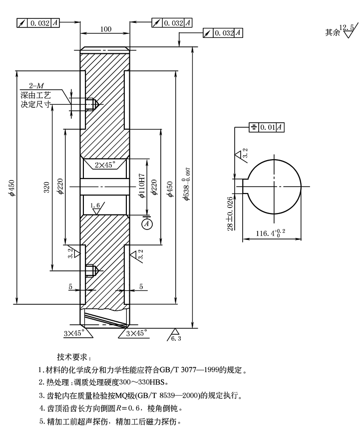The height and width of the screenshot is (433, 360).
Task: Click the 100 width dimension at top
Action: (105, 29)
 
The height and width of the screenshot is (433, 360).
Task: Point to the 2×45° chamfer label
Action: (105, 164)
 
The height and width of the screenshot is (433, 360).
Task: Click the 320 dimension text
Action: (46, 187)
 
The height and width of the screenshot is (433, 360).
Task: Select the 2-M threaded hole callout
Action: (36, 86)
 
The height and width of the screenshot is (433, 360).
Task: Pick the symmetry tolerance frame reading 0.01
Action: (267, 127)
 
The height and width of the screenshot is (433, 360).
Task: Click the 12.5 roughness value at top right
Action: (346, 27)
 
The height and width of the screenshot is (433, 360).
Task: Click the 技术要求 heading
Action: (73, 357)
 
